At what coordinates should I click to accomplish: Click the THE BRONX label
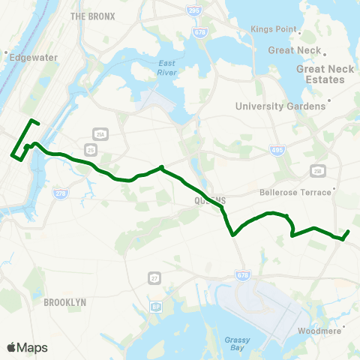(92, 16)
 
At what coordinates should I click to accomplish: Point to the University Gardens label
(280, 106)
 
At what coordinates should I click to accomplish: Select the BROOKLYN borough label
(65, 301)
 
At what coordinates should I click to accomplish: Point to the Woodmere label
(319, 331)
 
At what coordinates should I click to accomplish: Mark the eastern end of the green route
(350, 231)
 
